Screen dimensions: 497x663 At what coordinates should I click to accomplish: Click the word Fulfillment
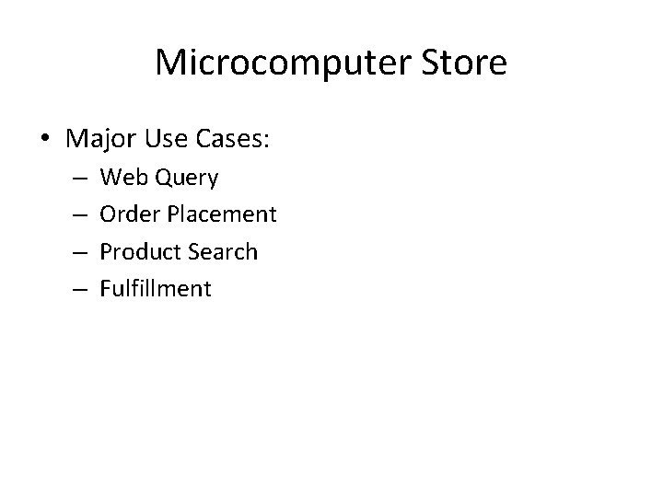(156, 289)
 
